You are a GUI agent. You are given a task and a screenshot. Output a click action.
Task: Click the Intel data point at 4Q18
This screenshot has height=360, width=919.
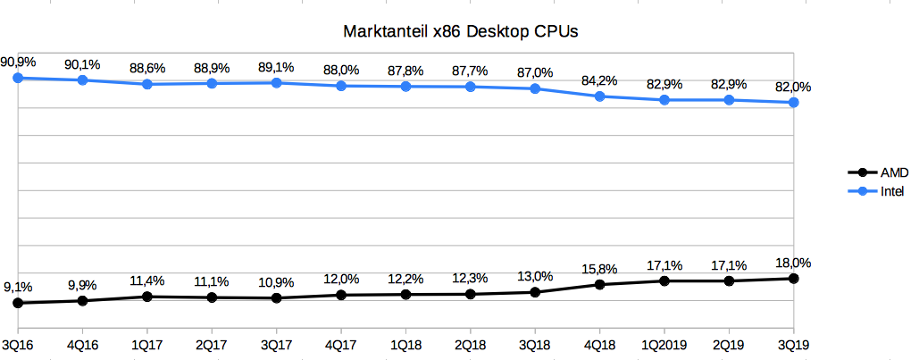600,96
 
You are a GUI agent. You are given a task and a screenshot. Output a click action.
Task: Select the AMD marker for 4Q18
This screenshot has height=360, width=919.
600,285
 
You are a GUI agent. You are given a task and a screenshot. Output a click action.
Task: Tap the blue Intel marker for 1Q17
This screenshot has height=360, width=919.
146,84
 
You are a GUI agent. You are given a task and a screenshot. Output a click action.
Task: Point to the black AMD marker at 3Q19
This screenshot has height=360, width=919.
794,279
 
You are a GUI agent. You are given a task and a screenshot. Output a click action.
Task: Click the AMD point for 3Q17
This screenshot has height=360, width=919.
276,297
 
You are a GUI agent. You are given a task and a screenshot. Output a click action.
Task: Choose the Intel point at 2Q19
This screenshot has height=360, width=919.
730,100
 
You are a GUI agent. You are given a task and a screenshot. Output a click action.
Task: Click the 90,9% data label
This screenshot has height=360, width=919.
19,63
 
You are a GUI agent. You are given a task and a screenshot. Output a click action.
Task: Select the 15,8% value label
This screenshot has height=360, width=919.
600,268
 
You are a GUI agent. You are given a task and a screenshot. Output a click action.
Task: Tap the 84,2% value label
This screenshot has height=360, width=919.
600,80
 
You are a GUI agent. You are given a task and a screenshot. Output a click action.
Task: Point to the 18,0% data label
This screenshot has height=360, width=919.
794,263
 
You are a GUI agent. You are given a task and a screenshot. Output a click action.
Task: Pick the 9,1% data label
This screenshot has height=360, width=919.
19,287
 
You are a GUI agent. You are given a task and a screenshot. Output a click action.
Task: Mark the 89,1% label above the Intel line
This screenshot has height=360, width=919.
276,68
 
